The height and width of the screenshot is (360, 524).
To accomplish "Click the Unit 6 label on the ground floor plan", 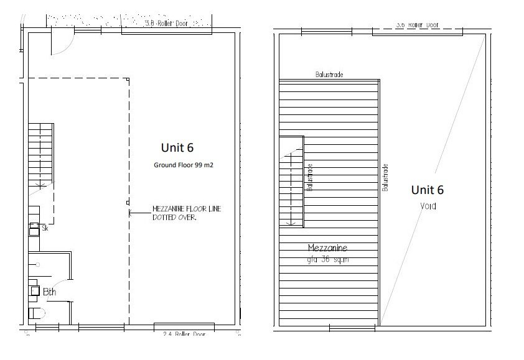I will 177,148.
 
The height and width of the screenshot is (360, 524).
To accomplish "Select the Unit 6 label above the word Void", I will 428,190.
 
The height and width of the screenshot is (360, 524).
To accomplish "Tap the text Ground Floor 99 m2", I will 184,165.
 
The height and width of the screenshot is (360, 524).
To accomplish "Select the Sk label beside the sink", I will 45,229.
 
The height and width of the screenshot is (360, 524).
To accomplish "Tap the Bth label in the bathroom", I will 49,292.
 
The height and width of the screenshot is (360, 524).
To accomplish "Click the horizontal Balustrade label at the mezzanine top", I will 329,75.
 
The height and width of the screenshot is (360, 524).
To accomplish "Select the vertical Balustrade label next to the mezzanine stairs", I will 309,178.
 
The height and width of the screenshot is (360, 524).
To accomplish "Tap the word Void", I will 428,206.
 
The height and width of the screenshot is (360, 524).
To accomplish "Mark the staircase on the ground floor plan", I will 40,155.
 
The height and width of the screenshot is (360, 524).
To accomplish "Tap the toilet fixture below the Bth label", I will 34,312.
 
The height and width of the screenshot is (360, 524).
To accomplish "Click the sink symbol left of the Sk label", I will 34,229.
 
